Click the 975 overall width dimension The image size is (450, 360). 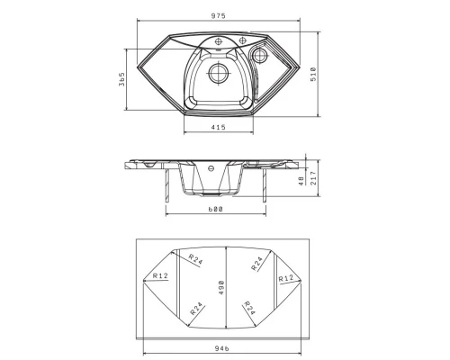pyautogui.click(x=218, y=16)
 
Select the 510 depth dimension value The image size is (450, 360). pyautogui.click(x=313, y=74)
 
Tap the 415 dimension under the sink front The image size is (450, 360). pyautogui.click(x=218, y=127)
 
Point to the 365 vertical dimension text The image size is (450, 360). pyautogui.click(x=121, y=79)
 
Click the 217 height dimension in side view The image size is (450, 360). pyautogui.click(x=313, y=178)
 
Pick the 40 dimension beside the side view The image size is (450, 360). pyautogui.click(x=301, y=181)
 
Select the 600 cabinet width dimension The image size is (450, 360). pyautogui.click(x=215, y=209)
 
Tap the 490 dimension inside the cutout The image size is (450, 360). pyautogui.click(x=221, y=287)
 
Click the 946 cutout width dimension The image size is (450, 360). pyautogui.click(x=222, y=348)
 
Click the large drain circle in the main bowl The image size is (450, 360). pyautogui.click(x=219, y=73)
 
